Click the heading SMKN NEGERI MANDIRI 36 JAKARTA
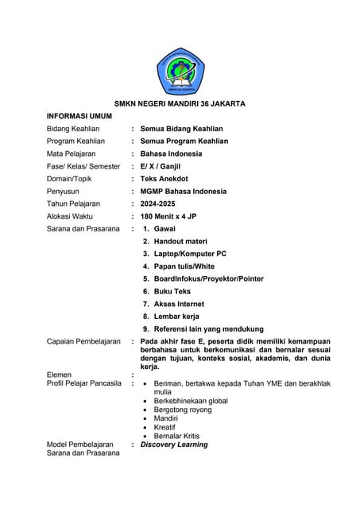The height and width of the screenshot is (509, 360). click(x=180, y=103)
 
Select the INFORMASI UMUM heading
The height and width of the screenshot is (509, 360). click(x=79, y=116)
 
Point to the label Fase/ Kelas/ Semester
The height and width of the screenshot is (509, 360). click(x=83, y=166)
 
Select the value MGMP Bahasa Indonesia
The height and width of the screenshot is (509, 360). click(x=184, y=191)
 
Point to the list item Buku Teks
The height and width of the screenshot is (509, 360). click(x=172, y=291)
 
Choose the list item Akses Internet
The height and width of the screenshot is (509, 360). click(x=179, y=304)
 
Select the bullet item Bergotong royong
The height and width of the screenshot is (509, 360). click(x=183, y=410)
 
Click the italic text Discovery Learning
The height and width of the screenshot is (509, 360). click(x=174, y=445)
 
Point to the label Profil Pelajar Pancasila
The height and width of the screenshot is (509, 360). click(x=84, y=383)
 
